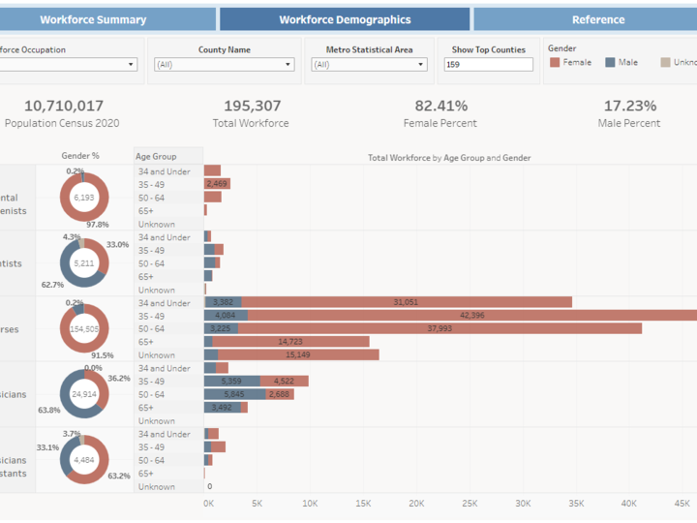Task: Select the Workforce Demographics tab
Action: click(x=345, y=19)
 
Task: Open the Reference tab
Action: click(x=597, y=19)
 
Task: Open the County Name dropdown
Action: click(x=223, y=65)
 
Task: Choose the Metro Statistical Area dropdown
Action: click(x=369, y=65)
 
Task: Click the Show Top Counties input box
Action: click(x=488, y=65)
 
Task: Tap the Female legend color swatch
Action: click(x=555, y=62)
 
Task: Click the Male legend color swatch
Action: click(x=610, y=62)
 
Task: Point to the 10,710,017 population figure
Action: click(x=64, y=106)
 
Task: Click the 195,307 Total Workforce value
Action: click(x=252, y=106)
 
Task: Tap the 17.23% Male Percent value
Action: click(x=629, y=106)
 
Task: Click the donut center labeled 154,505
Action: click(x=84, y=329)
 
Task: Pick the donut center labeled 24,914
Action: click(x=84, y=394)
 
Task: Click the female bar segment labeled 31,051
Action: click(x=407, y=302)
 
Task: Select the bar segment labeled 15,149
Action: click(x=298, y=354)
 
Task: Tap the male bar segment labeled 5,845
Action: click(x=233, y=394)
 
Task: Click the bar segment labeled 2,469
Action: click(x=217, y=184)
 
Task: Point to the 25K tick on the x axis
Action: click(x=470, y=504)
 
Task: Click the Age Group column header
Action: click(x=157, y=157)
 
